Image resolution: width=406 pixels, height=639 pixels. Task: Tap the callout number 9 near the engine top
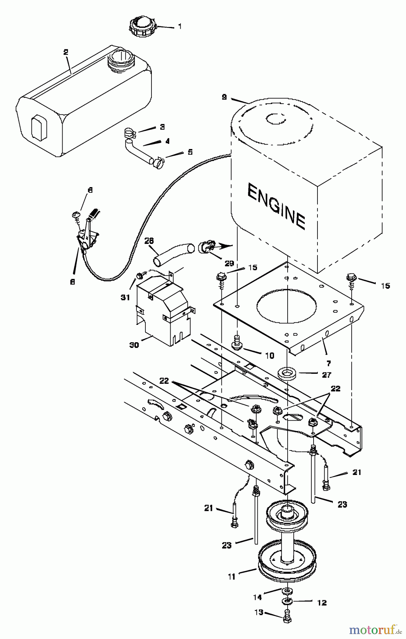224,97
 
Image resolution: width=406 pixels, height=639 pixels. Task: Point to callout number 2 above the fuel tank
65,52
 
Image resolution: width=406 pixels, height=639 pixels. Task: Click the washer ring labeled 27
287,374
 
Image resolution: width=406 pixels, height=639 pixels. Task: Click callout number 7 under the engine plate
328,363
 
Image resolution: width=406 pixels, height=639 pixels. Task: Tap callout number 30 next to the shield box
134,344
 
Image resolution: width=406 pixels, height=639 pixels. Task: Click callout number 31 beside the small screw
125,297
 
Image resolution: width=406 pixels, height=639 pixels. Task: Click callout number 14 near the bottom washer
257,597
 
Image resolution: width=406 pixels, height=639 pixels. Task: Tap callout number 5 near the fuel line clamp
190,152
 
